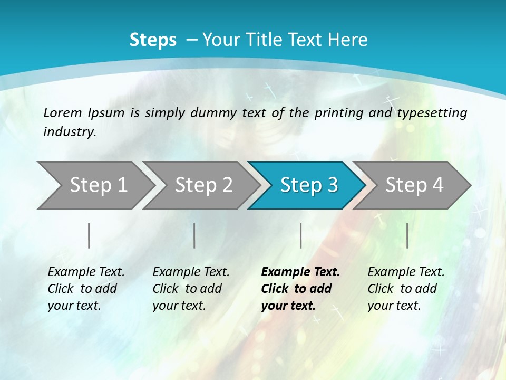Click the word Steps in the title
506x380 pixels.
click(x=153, y=40)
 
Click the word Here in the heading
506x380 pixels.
click(x=347, y=40)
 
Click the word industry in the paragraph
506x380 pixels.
click(x=69, y=132)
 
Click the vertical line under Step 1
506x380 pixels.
click(x=89, y=235)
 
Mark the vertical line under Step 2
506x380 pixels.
click(x=194, y=235)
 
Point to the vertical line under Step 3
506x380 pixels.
click(x=300, y=235)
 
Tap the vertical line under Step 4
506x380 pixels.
click(x=407, y=235)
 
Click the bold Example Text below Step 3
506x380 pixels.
click(x=300, y=289)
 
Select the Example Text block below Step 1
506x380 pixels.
click(x=86, y=289)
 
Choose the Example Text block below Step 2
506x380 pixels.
click(x=191, y=289)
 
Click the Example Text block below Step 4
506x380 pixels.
click(x=406, y=289)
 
